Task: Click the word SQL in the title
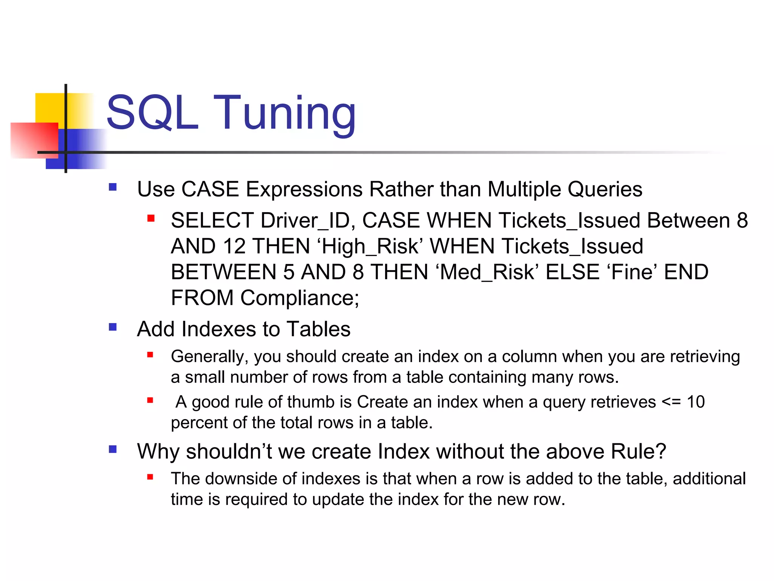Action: click(152, 113)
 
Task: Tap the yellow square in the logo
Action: click(49, 107)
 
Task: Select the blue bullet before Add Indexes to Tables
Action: click(113, 327)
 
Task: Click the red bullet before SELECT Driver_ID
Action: click(151, 218)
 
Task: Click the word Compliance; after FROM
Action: click(300, 298)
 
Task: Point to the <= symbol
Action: click(671, 402)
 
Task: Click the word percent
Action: click(199, 423)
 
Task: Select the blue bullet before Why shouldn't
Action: click(113, 449)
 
